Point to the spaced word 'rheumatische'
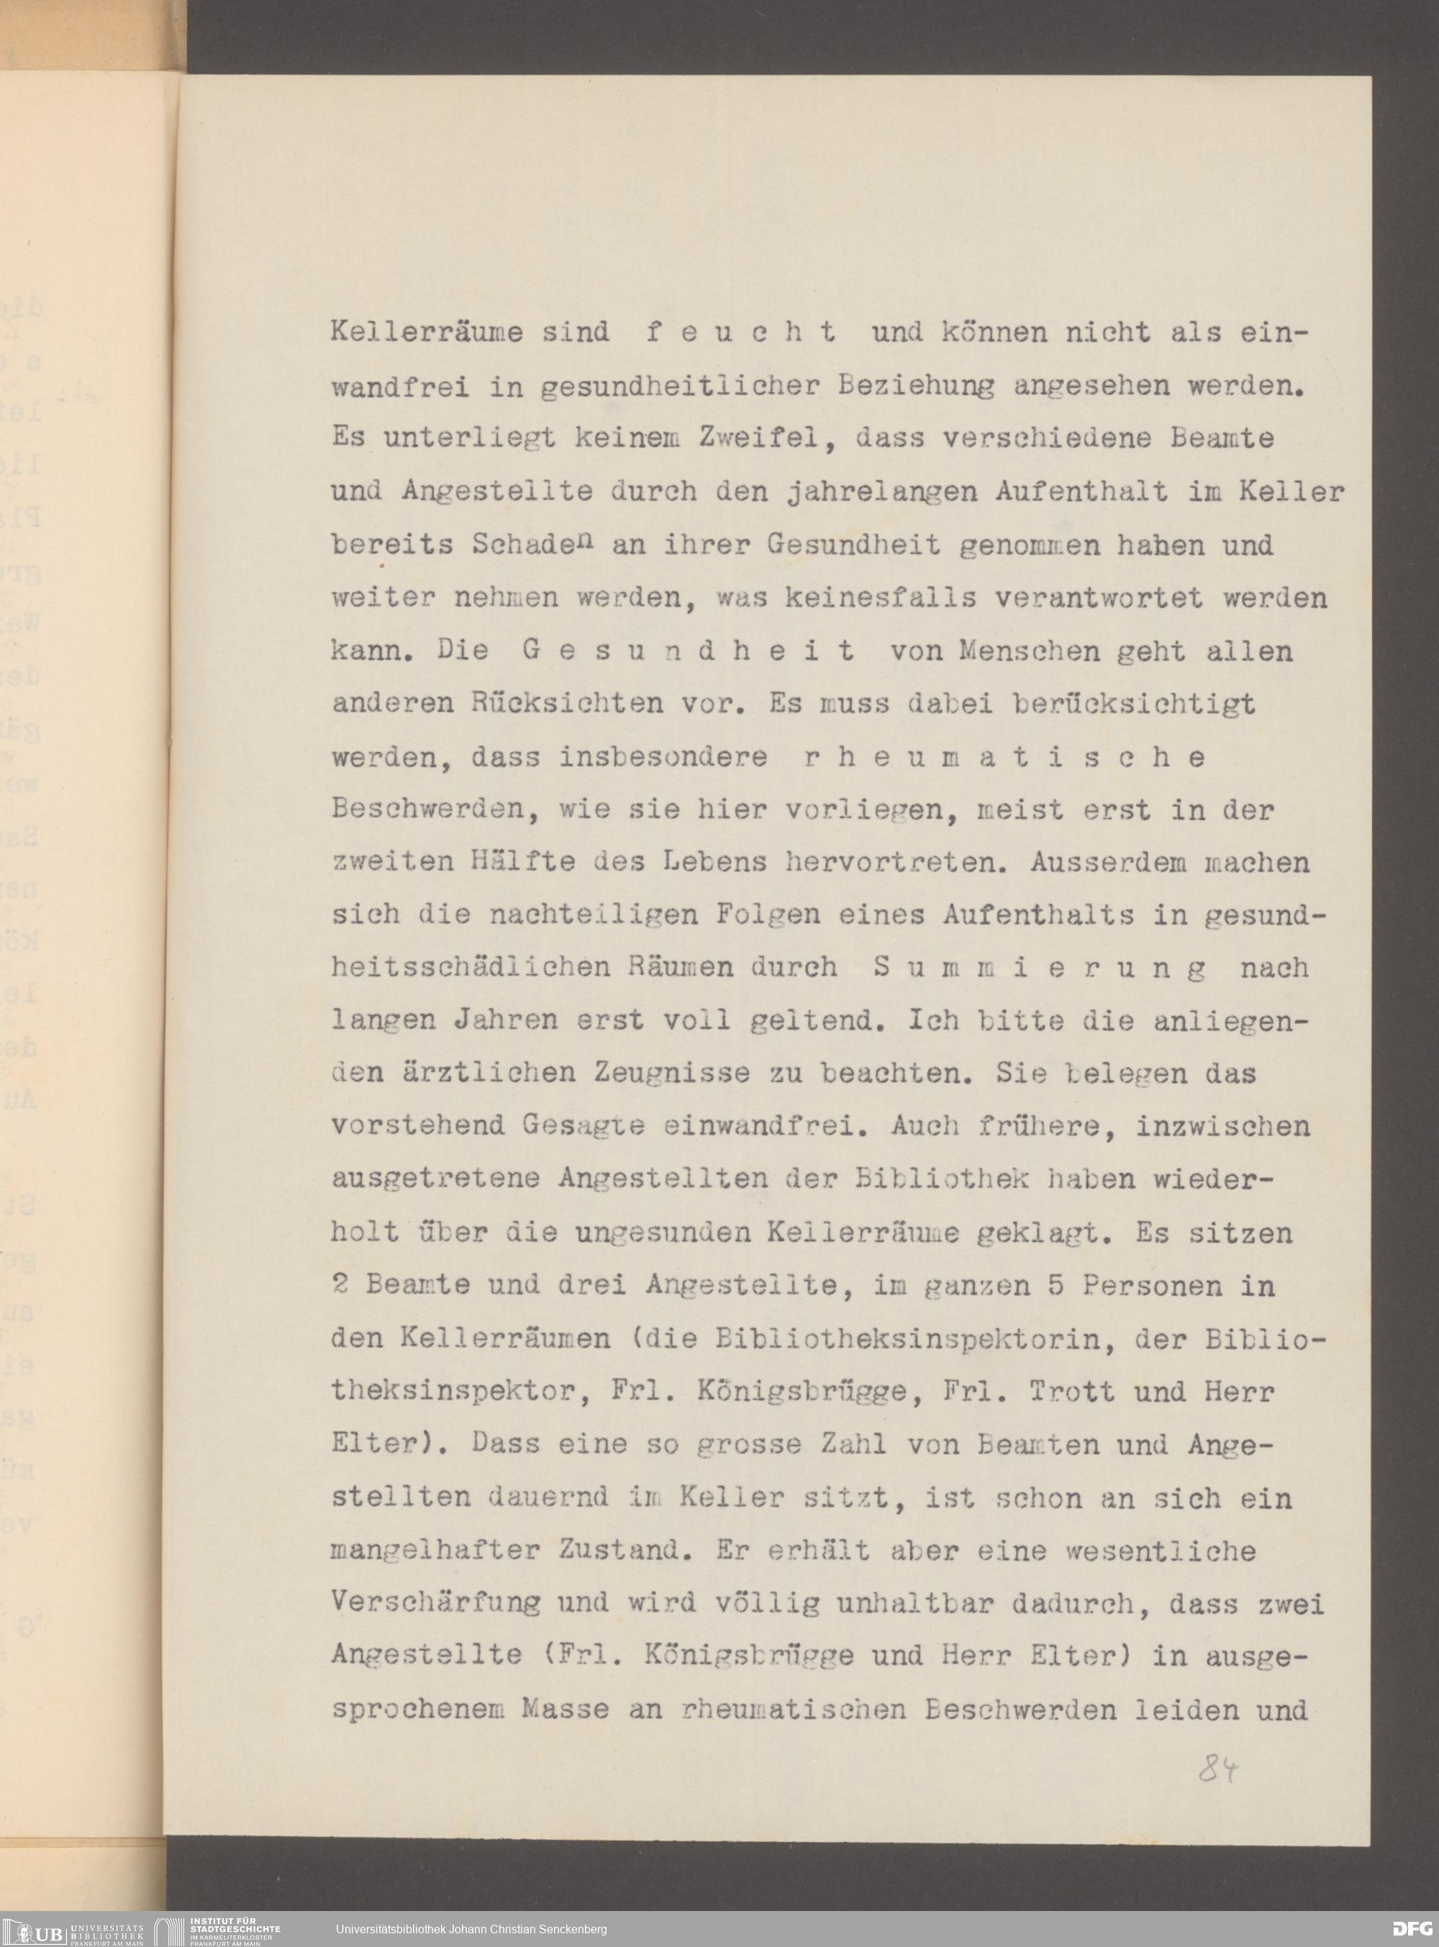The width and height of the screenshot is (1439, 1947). click(1002, 757)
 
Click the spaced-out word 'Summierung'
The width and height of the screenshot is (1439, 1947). click(1039, 968)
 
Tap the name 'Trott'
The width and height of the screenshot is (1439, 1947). click(1071, 1392)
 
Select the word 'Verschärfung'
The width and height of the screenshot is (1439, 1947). click(435, 1604)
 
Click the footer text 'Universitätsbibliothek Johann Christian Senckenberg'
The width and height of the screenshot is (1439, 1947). click(471, 1930)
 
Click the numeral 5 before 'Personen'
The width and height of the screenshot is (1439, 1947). click(1056, 1286)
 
